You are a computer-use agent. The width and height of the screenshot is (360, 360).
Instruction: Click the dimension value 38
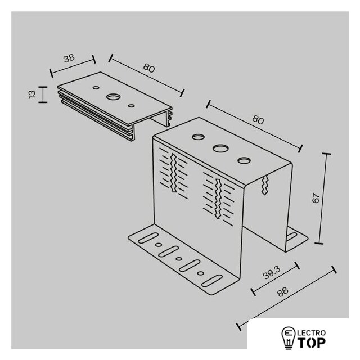69,58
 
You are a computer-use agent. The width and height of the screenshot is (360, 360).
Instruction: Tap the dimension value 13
32,94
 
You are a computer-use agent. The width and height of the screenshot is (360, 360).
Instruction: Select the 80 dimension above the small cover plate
149,68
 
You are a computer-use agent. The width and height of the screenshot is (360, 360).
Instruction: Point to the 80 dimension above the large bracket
258,120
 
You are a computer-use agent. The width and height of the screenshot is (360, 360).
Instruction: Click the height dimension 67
316,198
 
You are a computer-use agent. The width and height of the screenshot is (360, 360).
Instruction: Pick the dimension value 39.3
272,273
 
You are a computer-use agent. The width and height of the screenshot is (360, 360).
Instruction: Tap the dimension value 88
282,292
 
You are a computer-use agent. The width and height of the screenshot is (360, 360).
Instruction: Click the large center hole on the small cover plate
113,97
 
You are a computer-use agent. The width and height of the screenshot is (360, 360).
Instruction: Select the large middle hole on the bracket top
220,148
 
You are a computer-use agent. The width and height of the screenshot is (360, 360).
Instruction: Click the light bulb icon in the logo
289,337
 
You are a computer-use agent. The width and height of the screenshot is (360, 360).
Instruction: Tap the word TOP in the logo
311,343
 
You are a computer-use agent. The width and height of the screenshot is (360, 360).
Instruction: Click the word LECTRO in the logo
311,332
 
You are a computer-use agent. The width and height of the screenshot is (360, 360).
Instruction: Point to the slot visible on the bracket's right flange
291,236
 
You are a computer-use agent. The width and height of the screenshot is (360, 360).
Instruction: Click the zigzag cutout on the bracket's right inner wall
265,185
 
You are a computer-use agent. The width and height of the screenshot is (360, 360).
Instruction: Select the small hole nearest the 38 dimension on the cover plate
96,88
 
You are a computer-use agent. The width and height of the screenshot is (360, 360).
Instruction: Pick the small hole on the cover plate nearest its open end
131,106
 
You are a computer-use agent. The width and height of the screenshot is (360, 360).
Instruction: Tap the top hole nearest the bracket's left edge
198,137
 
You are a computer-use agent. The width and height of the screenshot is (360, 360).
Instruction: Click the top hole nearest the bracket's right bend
244,160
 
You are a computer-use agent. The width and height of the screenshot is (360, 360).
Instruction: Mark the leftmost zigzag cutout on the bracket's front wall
174,173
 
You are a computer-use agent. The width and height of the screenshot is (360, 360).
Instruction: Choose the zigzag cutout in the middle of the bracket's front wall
218,199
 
